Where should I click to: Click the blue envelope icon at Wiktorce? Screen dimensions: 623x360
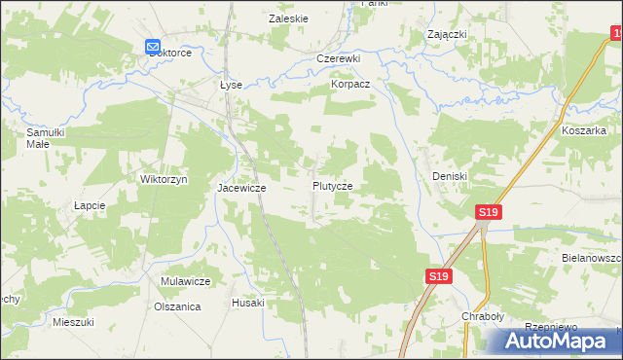point(153,47)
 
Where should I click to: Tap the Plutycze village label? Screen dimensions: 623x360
point(332,185)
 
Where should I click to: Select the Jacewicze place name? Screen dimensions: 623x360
point(241,187)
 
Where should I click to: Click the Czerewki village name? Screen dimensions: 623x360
point(339,58)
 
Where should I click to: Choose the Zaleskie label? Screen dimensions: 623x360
point(288,18)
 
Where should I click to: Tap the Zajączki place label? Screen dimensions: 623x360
point(447,34)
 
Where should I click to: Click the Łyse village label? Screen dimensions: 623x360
point(231,85)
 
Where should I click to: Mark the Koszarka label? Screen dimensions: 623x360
point(584,129)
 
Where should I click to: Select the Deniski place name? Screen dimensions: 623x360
point(451,176)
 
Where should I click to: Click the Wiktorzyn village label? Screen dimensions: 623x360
point(164,180)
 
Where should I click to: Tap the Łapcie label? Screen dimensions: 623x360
point(90,206)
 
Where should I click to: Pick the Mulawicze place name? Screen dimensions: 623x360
point(186,281)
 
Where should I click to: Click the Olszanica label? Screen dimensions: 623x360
point(177,306)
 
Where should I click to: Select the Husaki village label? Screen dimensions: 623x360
point(247,303)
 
